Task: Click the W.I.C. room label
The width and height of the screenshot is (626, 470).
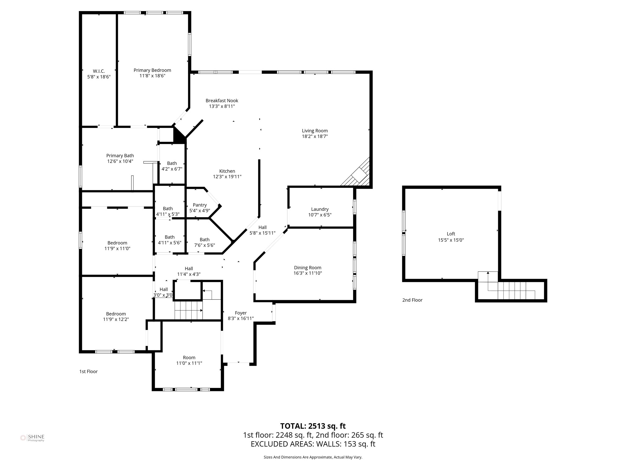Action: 99,71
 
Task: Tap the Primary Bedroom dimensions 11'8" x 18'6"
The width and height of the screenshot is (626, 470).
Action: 152,76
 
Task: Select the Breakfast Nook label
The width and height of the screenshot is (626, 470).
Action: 222,101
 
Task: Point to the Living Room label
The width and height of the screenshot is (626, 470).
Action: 315,131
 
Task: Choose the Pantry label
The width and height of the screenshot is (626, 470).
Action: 200,205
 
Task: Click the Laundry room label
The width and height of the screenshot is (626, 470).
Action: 319,209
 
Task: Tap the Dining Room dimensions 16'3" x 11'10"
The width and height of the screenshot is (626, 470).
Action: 307,273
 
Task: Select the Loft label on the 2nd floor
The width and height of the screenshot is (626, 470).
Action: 451,234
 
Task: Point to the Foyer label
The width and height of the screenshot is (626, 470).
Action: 241,313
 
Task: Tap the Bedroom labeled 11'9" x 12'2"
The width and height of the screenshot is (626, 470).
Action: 116,317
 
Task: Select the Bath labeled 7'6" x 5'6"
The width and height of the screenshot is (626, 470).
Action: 204,242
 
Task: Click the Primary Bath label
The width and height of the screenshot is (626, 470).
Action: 120,156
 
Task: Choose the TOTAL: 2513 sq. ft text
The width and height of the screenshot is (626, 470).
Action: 313,426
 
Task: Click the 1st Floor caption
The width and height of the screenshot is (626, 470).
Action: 88,371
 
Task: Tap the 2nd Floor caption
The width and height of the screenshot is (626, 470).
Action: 412,300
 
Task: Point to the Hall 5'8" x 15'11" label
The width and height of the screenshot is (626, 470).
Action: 262,230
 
